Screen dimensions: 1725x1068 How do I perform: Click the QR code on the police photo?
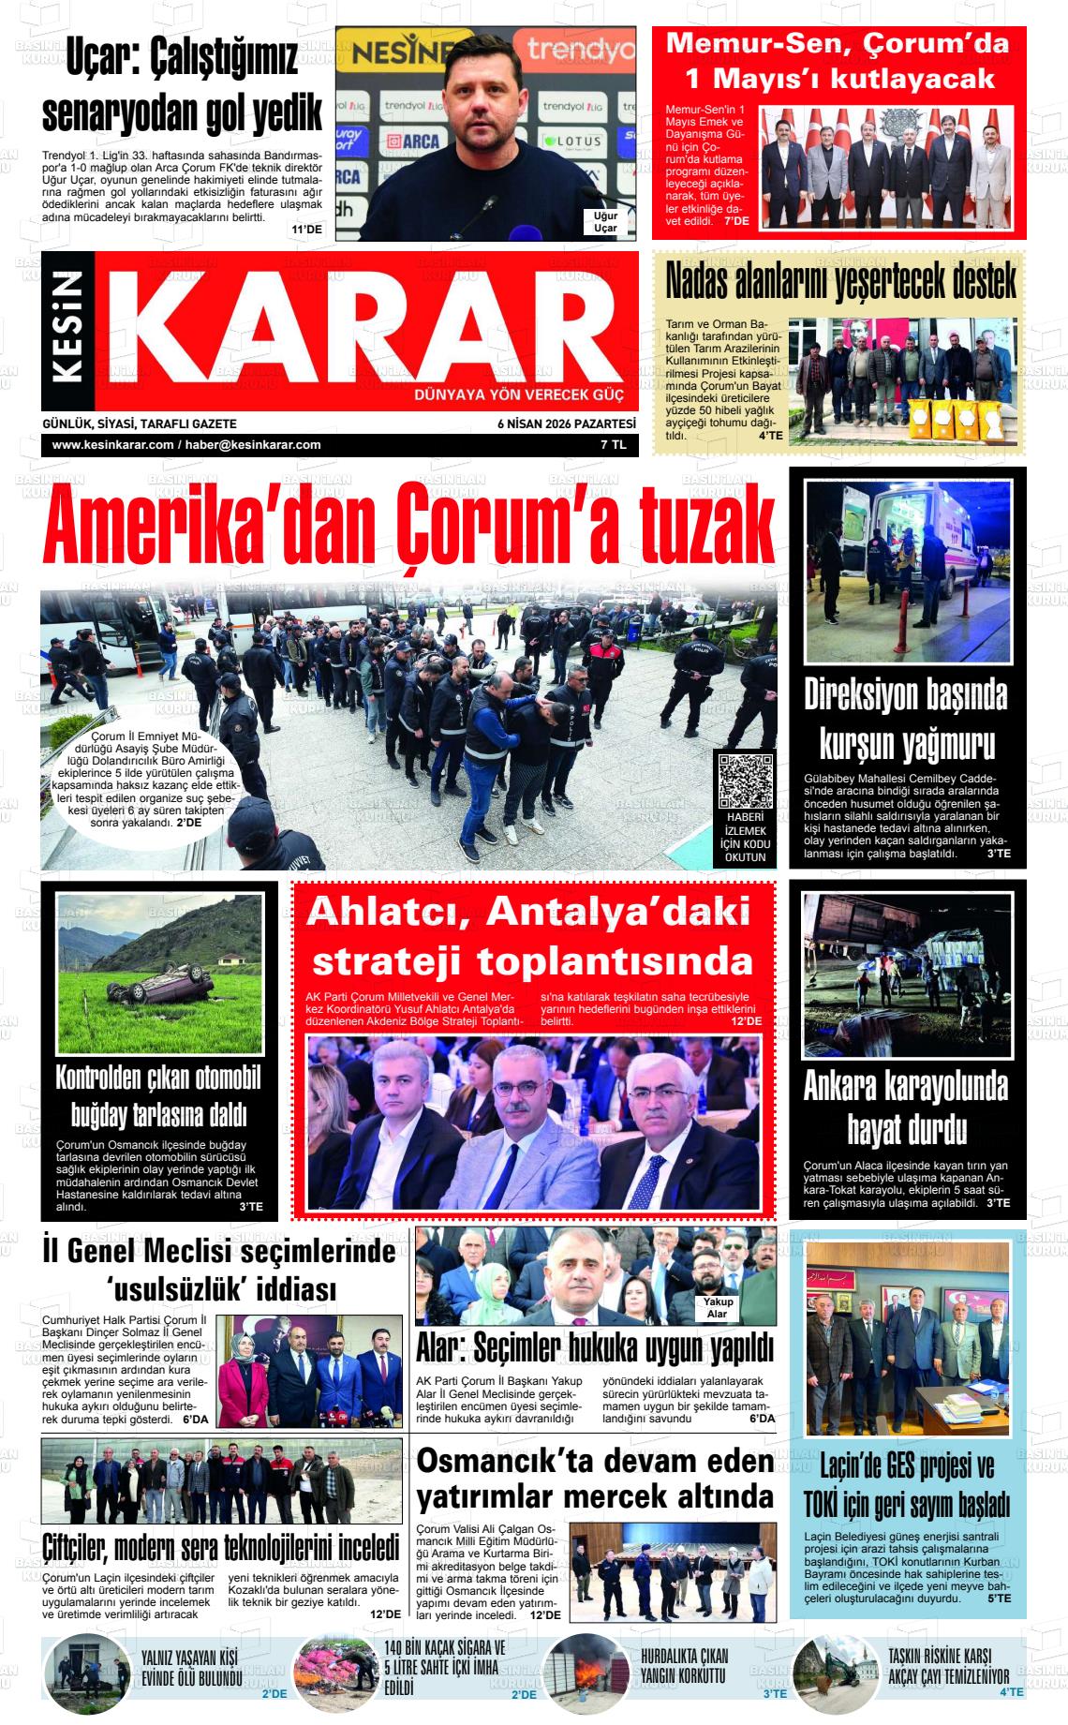point(746,781)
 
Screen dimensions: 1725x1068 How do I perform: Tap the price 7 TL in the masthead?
point(614,445)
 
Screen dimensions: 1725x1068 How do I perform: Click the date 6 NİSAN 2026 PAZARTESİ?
point(567,424)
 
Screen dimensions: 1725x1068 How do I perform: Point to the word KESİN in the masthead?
point(73,330)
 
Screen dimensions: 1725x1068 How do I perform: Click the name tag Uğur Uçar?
point(605,222)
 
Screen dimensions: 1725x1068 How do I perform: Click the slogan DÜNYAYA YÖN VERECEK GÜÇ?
point(518,394)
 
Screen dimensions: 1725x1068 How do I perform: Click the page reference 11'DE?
point(306,230)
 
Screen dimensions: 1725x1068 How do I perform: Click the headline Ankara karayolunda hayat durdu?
point(905,1108)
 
